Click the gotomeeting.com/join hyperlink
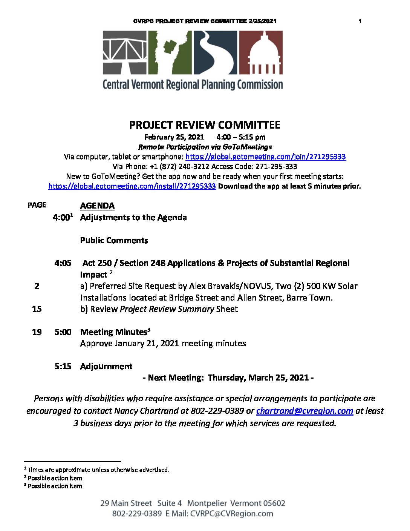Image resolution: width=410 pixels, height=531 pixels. pos(266,157)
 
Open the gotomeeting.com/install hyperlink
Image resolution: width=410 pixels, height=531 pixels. pos(132,186)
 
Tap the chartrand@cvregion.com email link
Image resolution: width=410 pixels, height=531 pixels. pos(304,411)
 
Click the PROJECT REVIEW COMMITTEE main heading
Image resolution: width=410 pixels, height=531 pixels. pos(205,125)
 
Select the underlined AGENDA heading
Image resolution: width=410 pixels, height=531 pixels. pos(97,206)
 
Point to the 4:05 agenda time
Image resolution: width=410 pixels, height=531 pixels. pos(63,263)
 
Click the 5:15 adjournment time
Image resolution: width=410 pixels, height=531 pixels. pos(63,366)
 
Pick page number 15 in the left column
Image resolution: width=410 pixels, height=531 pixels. pos(37,309)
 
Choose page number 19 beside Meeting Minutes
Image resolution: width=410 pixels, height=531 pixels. pos(37,332)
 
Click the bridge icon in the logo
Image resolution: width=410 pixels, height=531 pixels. pos(125,52)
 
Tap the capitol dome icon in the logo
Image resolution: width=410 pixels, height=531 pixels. pos(261,52)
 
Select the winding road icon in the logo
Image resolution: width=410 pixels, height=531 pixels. pos(215,52)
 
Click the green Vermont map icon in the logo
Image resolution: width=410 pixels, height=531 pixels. pos(170,52)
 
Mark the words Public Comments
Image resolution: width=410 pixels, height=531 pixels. pos(114,241)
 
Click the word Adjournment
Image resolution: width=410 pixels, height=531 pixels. pos(106,366)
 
